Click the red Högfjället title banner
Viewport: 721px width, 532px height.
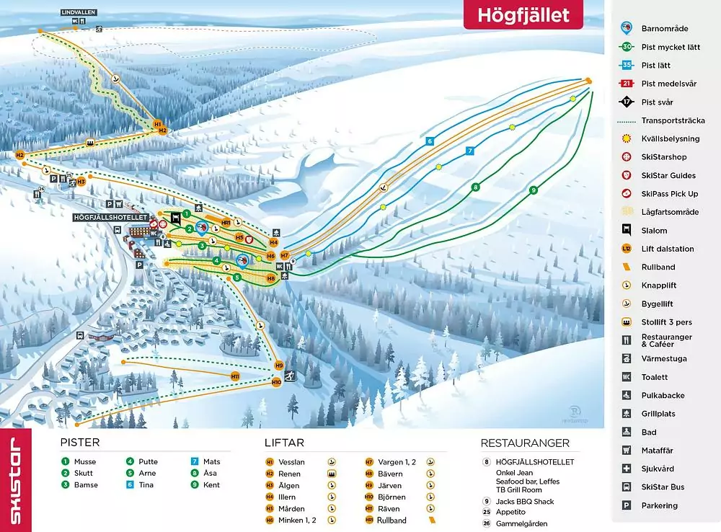click(x=523, y=15)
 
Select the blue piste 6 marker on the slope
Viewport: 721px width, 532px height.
click(x=430, y=141)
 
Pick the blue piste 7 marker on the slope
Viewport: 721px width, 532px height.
click(x=469, y=151)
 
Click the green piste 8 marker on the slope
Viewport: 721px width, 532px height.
click(x=475, y=187)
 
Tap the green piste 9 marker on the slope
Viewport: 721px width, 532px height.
click(x=534, y=190)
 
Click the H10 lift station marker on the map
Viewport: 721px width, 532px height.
click(x=276, y=382)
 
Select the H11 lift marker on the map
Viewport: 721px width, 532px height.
click(x=235, y=376)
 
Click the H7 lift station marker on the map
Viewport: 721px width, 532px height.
click(x=285, y=255)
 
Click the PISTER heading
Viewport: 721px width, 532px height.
click(x=79, y=443)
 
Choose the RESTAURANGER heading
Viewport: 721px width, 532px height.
click(x=525, y=443)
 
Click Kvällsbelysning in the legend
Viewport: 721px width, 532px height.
click(x=670, y=138)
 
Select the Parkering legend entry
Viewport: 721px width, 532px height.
click(x=659, y=505)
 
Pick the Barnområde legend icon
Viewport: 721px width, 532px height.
click(x=627, y=28)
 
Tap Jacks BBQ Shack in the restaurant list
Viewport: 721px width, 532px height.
click(x=524, y=501)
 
